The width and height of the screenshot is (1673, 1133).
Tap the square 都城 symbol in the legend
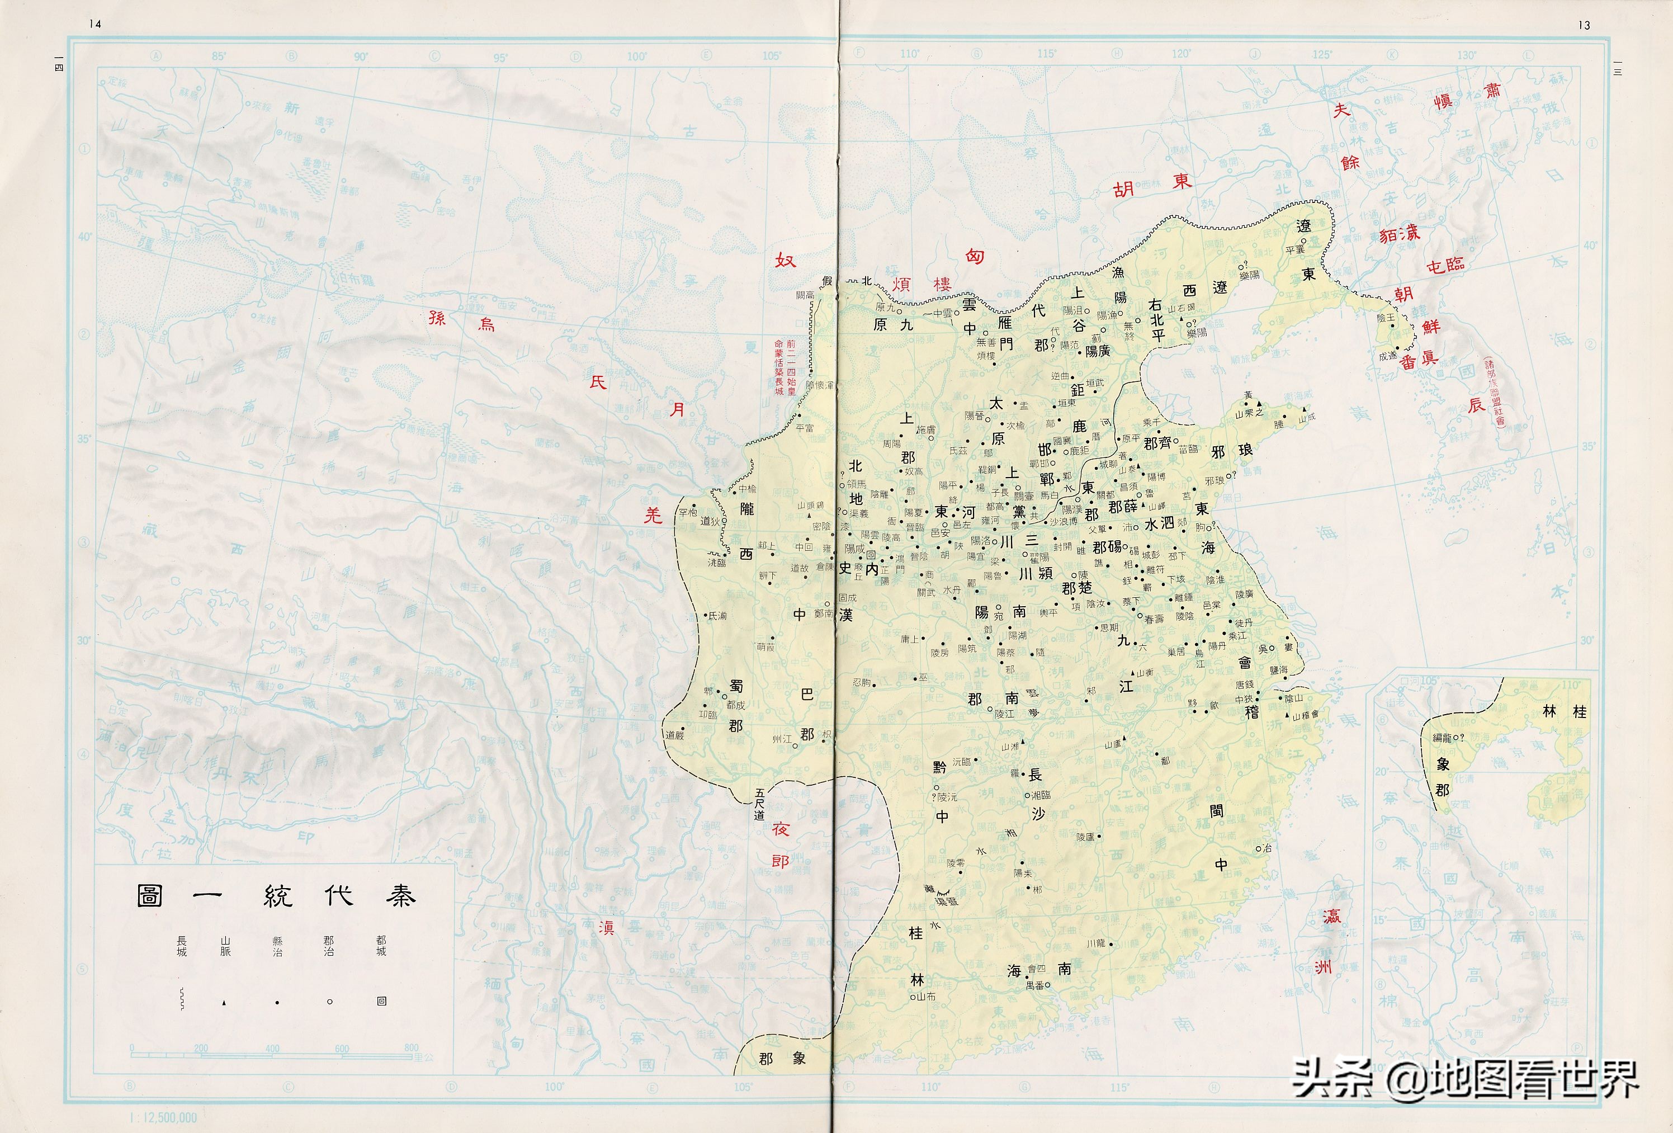[x=381, y=1001]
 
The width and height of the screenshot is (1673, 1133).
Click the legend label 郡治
[x=328, y=946]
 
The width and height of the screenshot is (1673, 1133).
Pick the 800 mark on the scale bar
[x=411, y=1048]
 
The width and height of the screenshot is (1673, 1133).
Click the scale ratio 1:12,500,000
[x=163, y=1118]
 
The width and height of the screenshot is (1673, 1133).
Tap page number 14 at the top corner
[x=95, y=23]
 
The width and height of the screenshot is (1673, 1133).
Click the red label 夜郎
[x=781, y=845]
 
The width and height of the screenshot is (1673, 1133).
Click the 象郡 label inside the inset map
[x=1443, y=777]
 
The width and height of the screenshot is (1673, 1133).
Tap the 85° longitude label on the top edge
[x=219, y=56]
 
